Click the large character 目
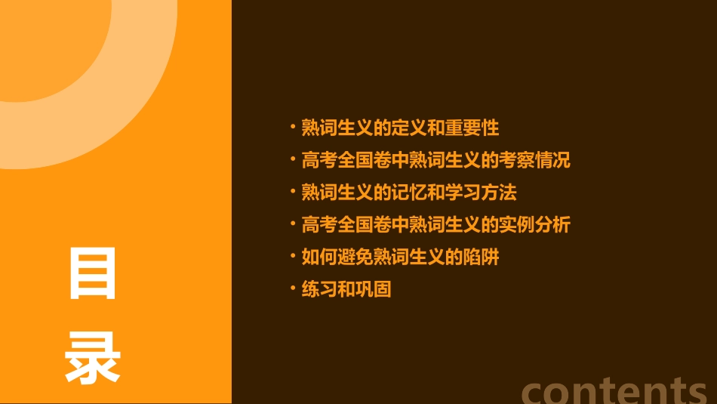pyautogui.click(x=93, y=273)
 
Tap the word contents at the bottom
pyautogui.click(x=615, y=390)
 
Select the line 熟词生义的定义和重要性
pyautogui.click(x=400, y=128)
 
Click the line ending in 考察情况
pyautogui.click(x=435, y=160)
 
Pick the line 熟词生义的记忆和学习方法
pyautogui.click(x=408, y=193)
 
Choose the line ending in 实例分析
pyautogui.click(x=435, y=225)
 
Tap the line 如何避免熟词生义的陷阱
pyautogui.click(x=400, y=258)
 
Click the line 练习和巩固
pyautogui.click(x=346, y=290)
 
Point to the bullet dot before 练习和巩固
pyautogui.click(x=293, y=288)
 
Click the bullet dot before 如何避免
pyautogui.click(x=293, y=255)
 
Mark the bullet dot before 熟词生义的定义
pyautogui.click(x=293, y=125)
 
